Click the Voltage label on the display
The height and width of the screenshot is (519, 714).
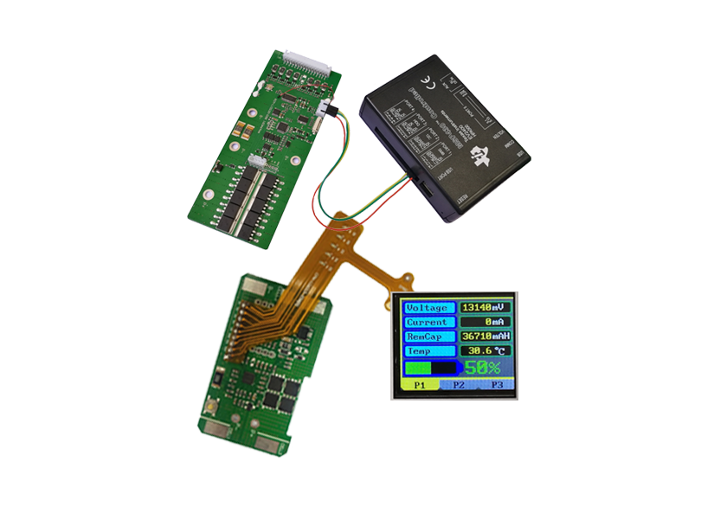(x=427, y=308)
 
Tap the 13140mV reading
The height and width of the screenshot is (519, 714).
(x=485, y=307)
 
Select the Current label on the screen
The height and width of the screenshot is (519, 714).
(x=427, y=322)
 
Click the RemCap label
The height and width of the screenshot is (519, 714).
(x=427, y=336)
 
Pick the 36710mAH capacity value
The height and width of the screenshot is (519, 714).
(x=485, y=336)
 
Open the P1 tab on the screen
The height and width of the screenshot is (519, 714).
(x=420, y=384)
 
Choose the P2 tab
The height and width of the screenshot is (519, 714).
(x=458, y=384)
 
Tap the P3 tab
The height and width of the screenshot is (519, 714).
(x=496, y=384)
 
